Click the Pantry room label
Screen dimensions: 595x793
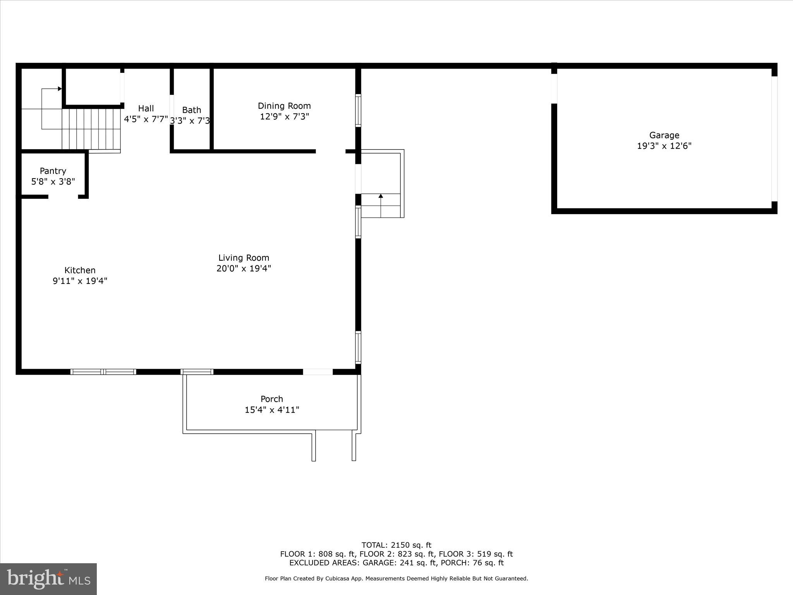tap(53, 171)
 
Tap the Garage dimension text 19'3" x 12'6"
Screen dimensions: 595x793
tap(664, 146)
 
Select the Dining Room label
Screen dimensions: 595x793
tap(284, 106)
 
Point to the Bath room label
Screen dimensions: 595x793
tap(192, 110)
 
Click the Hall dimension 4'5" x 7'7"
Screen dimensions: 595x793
tap(146, 119)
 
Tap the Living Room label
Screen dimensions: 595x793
tap(244, 258)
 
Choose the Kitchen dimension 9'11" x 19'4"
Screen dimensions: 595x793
tap(80, 281)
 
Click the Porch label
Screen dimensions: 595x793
tap(272, 399)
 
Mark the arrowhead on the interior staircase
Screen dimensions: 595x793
tap(60, 89)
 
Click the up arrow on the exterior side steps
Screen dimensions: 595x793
tap(381, 196)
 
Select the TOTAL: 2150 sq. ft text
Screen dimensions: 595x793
tap(396, 545)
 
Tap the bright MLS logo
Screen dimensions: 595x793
tap(48, 579)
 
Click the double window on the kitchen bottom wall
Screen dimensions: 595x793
tap(103, 372)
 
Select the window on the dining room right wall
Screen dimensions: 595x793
tap(358, 111)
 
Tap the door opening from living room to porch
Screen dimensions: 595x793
tap(318, 372)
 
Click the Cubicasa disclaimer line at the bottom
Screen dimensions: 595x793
tap(396, 578)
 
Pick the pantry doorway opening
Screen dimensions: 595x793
tap(63, 197)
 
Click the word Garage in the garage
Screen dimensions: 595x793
tap(664, 135)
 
